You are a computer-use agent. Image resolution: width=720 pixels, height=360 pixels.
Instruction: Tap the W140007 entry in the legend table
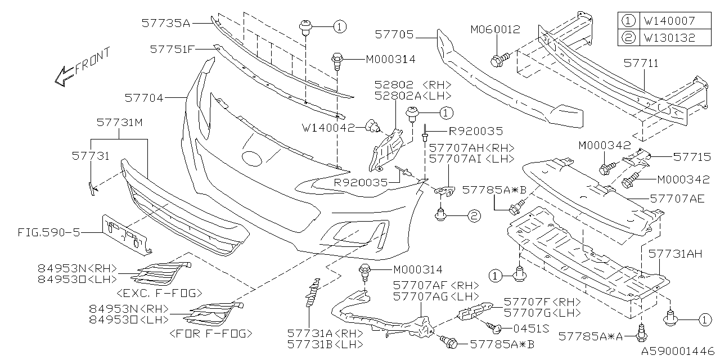pos(669,21)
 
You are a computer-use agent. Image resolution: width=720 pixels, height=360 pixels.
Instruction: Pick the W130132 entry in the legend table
pos(669,38)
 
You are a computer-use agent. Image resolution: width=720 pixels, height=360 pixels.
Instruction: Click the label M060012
pos(495,29)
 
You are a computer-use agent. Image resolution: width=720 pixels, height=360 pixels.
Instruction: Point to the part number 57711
pos(640,63)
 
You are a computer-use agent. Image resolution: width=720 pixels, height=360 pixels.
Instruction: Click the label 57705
pos(394,35)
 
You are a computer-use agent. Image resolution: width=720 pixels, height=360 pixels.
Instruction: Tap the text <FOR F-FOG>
pos(210,334)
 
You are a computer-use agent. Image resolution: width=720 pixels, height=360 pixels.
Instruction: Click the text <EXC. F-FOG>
pos(159,292)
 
